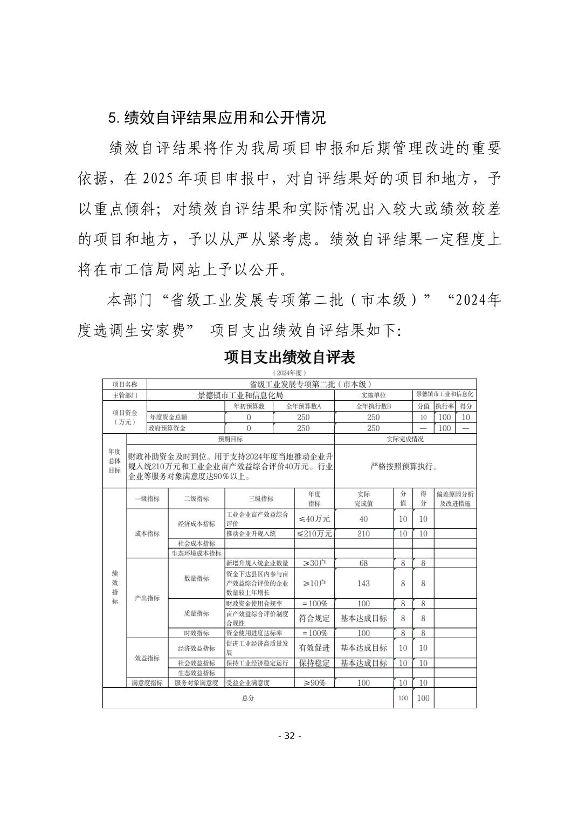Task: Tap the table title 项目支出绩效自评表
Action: click(289, 357)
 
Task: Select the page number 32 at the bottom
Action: click(289, 736)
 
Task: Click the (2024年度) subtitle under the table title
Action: click(289, 373)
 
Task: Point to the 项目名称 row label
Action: click(125, 384)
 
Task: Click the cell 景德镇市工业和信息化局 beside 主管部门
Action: click(240, 395)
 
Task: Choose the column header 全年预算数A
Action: click(304, 406)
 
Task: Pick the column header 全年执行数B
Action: click(373, 406)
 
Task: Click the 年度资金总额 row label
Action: click(168, 417)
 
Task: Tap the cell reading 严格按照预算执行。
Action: click(405, 467)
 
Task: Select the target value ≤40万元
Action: click(314, 518)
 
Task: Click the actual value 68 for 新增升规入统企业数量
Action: click(363, 563)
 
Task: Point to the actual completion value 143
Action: click(363, 583)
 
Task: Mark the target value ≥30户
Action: click(314, 563)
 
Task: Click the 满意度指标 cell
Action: click(147, 682)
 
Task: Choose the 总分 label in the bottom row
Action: click(248, 698)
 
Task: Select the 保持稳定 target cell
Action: click(314, 663)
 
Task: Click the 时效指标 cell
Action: click(196, 633)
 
